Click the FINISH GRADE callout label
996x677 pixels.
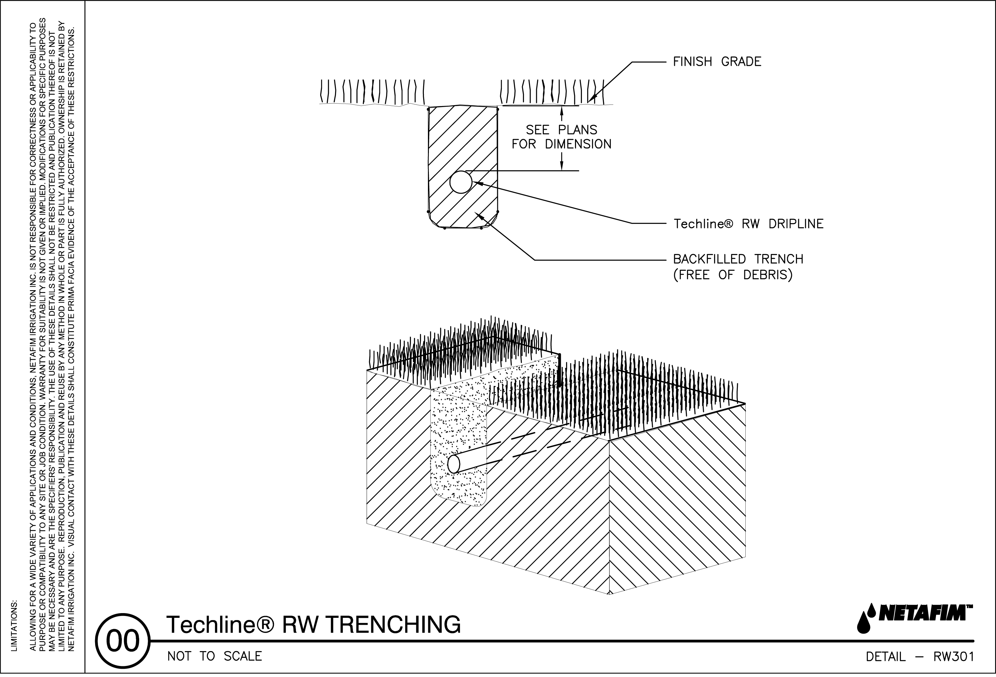click(717, 62)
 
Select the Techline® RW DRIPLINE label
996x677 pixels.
click(748, 224)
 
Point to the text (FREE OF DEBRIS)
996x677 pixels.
click(732, 275)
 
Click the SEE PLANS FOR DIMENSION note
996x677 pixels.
click(561, 137)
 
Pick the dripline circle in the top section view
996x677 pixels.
click(461, 182)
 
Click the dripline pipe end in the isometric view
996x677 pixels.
click(453, 464)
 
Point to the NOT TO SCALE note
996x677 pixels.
click(214, 657)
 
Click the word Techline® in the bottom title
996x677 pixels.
click(219, 624)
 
